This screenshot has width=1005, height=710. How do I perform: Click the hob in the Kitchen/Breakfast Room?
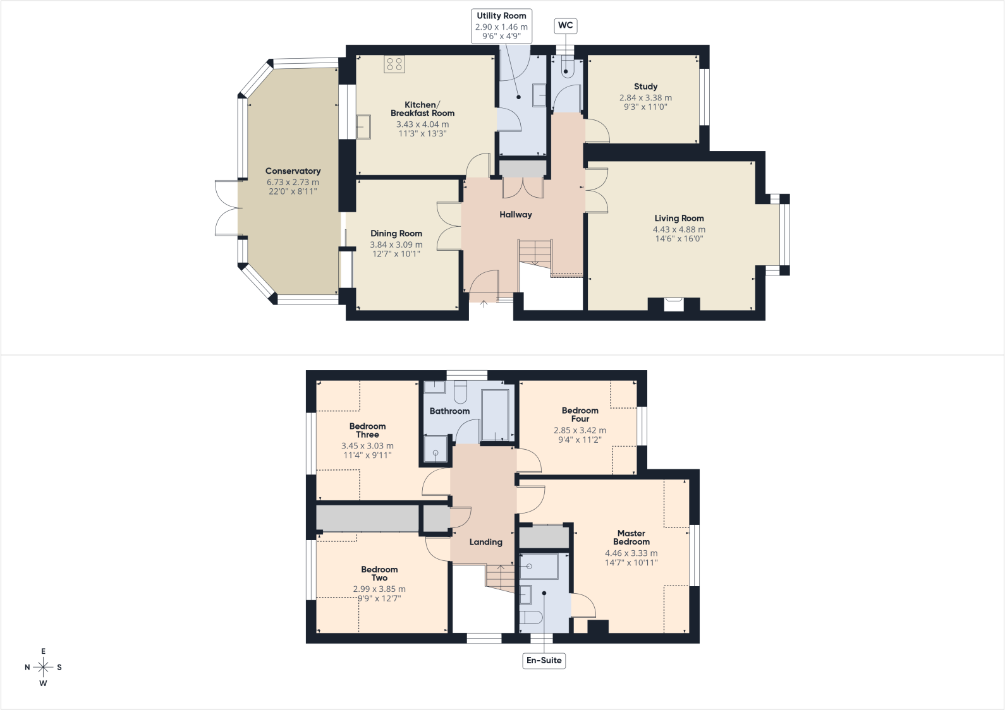click(x=394, y=64)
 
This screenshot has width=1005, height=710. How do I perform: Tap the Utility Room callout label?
click(x=501, y=25)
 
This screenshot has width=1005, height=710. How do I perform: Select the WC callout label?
click(x=565, y=25)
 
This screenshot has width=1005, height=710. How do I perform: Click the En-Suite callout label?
click(x=544, y=660)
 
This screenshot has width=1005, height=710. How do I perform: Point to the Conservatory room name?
click(x=293, y=171)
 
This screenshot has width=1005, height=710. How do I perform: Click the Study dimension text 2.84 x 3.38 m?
click(x=645, y=97)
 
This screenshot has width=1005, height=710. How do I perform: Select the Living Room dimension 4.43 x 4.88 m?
click(x=679, y=230)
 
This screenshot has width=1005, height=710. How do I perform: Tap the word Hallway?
click(x=516, y=214)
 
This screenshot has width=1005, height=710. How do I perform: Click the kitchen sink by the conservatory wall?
click(x=363, y=127)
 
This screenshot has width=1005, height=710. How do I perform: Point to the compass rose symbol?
click(x=43, y=668)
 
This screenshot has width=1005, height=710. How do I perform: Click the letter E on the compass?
click(x=44, y=651)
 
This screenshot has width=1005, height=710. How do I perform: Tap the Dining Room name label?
click(x=396, y=233)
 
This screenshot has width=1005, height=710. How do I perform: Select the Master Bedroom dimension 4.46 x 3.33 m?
click(x=631, y=553)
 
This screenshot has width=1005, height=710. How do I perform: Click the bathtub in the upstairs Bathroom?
click(x=496, y=415)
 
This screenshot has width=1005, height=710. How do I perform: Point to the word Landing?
click(x=486, y=542)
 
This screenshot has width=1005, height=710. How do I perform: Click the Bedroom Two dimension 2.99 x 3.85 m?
click(x=379, y=589)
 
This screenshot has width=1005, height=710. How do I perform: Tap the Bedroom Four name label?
click(x=580, y=414)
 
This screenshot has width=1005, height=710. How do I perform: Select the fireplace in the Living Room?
click(x=673, y=304)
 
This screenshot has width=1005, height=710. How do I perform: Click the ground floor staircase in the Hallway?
click(x=551, y=258)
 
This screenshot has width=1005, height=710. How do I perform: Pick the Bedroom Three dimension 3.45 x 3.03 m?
click(x=367, y=446)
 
